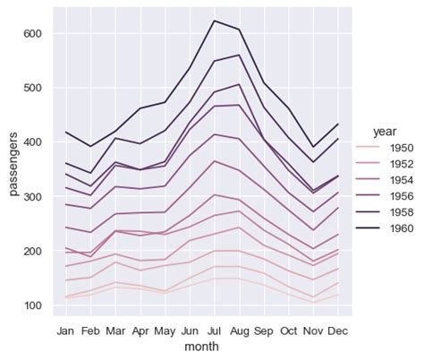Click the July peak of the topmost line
tap(215, 21)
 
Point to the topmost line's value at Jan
tap(65, 133)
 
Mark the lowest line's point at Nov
tap(313, 303)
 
